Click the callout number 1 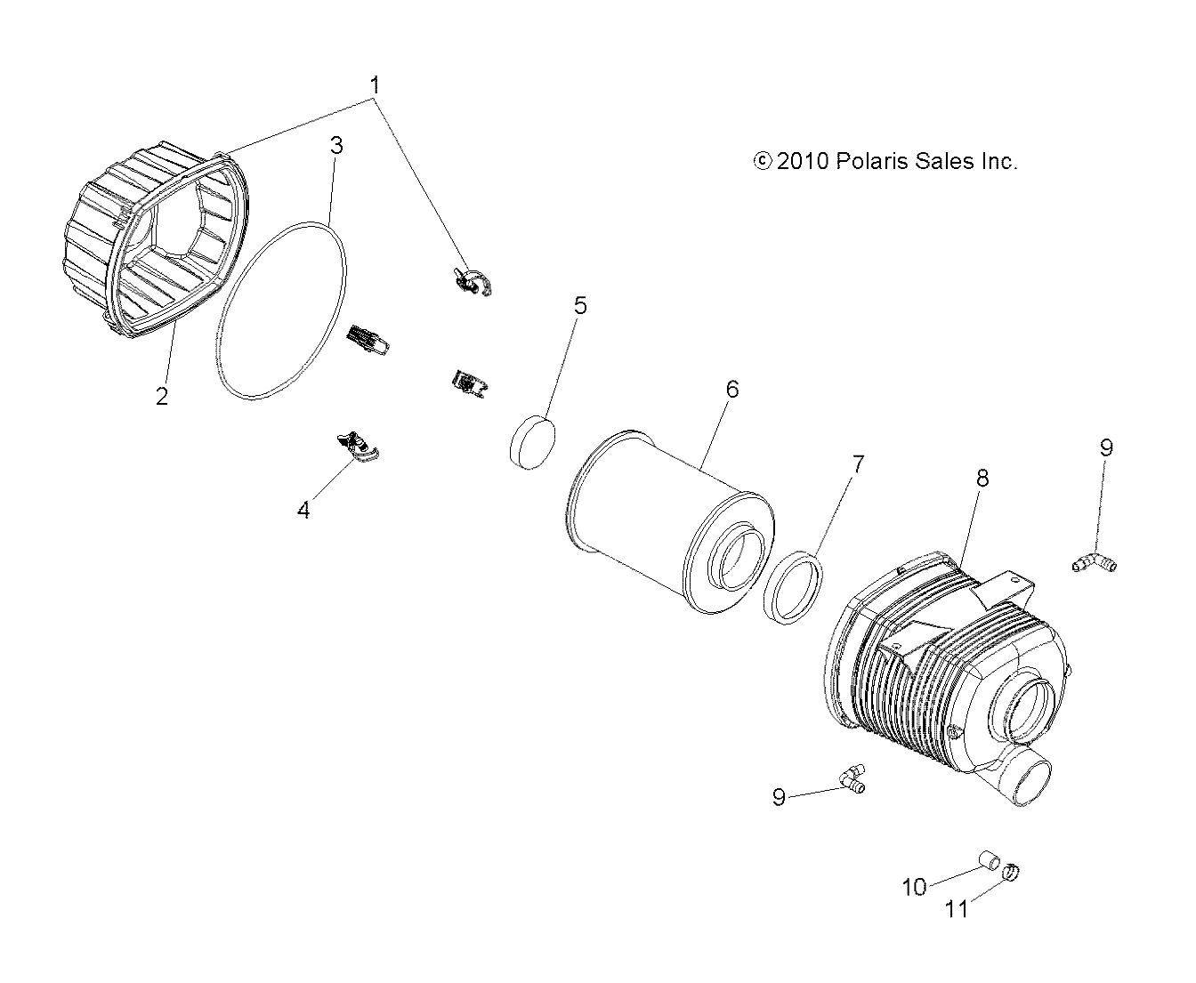[375, 85]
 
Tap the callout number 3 [337, 146]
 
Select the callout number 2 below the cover [162, 396]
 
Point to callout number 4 [303, 511]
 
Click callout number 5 [580, 305]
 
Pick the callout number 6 [732, 390]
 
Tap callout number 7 [858, 464]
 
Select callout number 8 [982, 479]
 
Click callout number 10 [914, 887]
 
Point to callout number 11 [956, 910]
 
